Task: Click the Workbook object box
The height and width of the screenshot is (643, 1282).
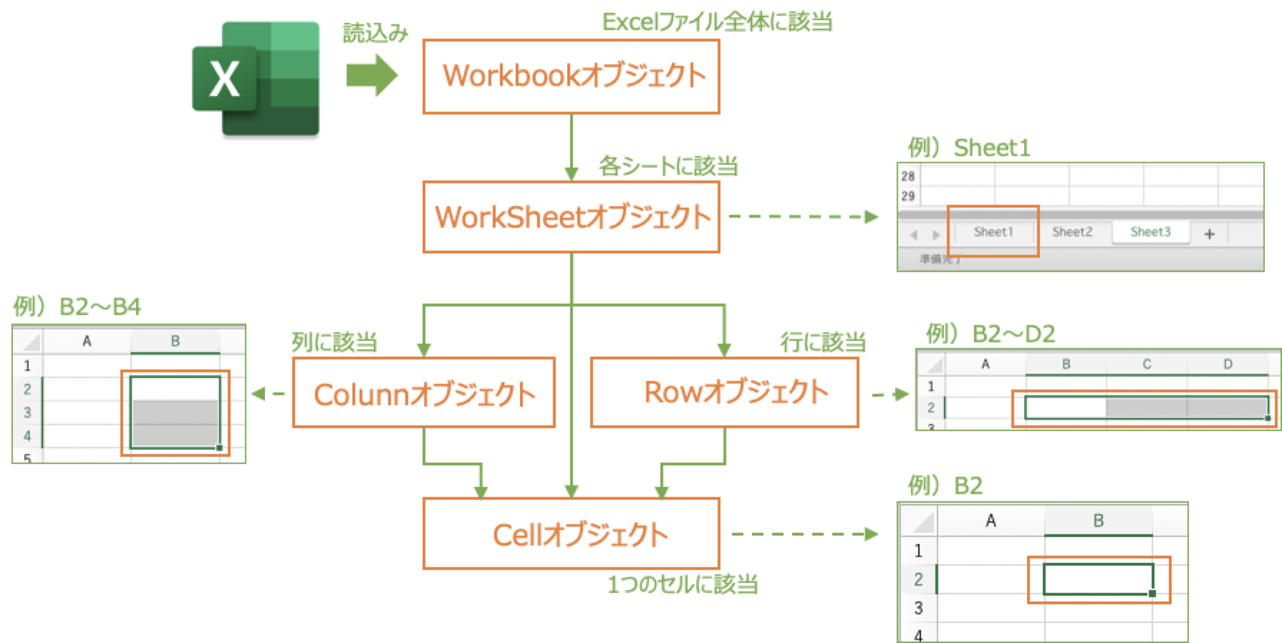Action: click(572, 77)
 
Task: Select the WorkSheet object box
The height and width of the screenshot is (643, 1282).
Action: click(572, 217)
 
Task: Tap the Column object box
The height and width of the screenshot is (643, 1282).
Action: click(424, 393)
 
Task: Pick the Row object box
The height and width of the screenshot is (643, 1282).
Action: click(724, 392)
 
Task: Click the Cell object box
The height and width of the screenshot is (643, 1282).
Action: click(572, 534)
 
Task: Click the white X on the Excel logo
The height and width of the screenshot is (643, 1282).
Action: click(224, 79)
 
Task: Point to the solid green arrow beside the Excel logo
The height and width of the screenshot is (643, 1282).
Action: click(372, 75)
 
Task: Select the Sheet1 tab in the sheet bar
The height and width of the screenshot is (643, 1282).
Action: click(993, 232)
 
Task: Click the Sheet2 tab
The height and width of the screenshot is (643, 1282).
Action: click(1071, 232)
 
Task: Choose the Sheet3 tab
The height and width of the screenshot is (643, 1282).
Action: click(1150, 232)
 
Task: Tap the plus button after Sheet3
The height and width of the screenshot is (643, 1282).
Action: click(1210, 233)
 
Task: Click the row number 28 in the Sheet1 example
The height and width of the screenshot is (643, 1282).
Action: click(908, 176)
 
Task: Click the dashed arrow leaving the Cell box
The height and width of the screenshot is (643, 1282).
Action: click(805, 534)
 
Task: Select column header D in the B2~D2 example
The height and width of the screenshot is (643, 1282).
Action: click(1228, 364)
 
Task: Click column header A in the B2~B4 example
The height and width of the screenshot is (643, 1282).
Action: click(87, 342)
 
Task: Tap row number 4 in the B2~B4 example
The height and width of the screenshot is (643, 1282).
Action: click(27, 435)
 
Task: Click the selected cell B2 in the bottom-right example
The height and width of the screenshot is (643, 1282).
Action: click(1098, 579)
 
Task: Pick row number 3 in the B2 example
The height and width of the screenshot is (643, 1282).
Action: click(918, 608)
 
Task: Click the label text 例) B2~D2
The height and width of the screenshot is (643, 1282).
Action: click(991, 334)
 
